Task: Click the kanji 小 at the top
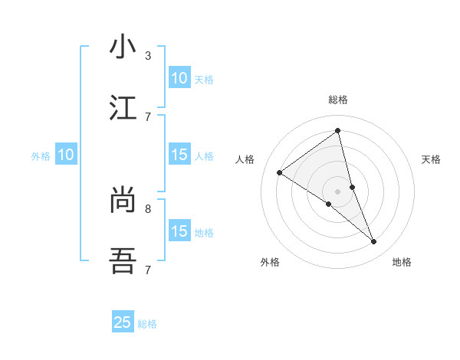click(123, 47)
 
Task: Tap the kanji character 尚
click(123, 201)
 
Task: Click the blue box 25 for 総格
click(123, 322)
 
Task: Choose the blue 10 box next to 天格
click(179, 78)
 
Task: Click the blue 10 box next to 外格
click(66, 155)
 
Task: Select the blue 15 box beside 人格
click(179, 155)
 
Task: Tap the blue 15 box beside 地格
click(179, 231)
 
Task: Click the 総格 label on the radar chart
click(338, 100)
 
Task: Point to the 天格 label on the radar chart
click(431, 159)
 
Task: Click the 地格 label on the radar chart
click(402, 262)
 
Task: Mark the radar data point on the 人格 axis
click(279, 172)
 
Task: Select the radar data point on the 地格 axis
click(374, 241)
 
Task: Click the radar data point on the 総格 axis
click(338, 132)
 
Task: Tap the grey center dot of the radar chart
click(338, 191)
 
